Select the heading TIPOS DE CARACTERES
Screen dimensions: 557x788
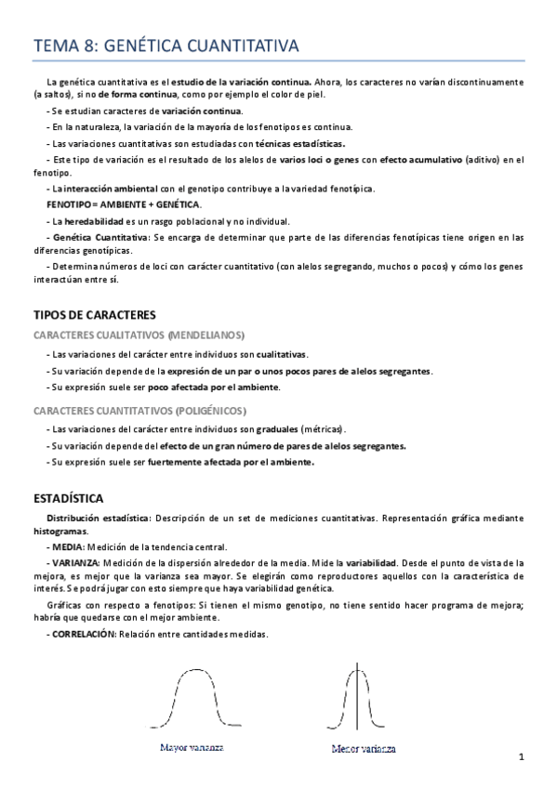[94, 315]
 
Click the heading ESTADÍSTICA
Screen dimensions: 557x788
[68, 497]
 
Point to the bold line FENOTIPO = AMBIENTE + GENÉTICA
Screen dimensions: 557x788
[124, 204]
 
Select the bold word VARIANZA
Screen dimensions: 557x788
[79, 563]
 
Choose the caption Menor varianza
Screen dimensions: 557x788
[364, 748]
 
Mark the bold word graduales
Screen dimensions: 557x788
[277, 429]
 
